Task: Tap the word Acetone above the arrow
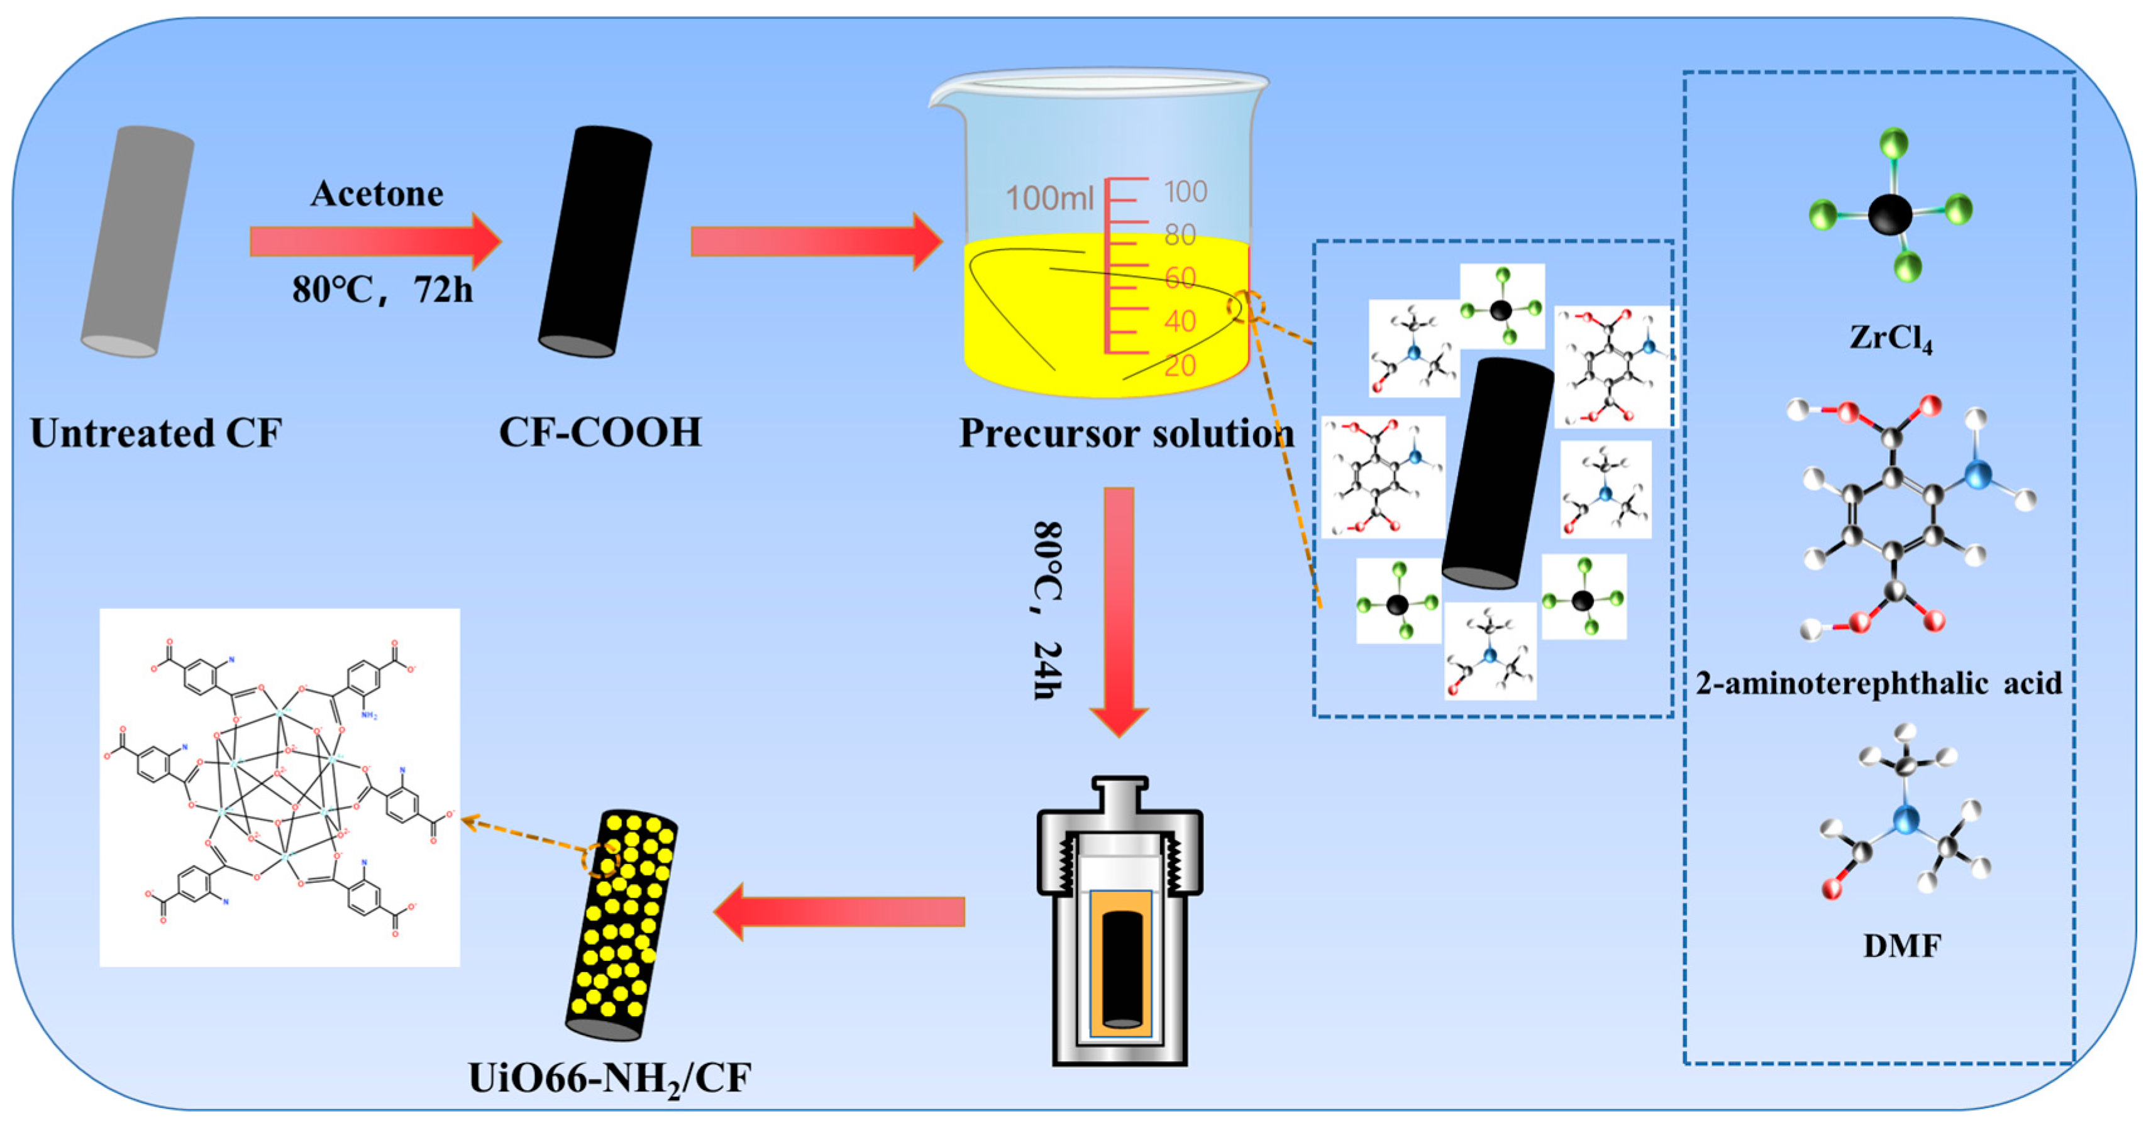point(377,194)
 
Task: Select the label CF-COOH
point(600,432)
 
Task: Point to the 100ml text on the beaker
point(1049,199)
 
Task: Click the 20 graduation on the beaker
point(1180,365)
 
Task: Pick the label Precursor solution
point(1125,434)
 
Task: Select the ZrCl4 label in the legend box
point(1891,338)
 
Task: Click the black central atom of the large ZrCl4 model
point(1890,214)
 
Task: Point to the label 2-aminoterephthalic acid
point(1878,684)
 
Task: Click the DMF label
point(1901,946)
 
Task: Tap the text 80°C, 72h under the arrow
point(382,290)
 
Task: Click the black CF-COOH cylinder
point(595,243)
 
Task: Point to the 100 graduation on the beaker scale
point(1185,192)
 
